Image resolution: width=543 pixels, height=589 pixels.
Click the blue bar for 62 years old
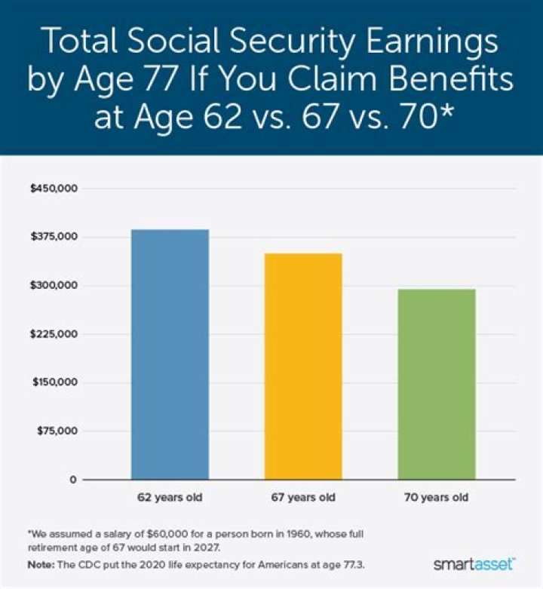click(x=170, y=354)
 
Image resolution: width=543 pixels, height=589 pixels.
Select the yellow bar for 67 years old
click(x=302, y=367)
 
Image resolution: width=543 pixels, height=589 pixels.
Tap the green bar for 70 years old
click(x=437, y=384)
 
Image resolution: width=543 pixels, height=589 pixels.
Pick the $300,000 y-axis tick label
click(x=53, y=286)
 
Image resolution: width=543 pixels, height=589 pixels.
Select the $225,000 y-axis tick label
click(x=53, y=334)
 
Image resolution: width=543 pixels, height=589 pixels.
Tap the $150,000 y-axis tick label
click(x=53, y=382)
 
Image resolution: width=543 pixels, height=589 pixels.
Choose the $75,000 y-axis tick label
click(x=55, y=431)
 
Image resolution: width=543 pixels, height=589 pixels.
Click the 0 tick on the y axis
click(x=73, y=480)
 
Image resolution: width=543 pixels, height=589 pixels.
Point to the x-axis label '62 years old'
click(x=170, y=499)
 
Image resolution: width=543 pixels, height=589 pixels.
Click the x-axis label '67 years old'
click(x=302, y=499)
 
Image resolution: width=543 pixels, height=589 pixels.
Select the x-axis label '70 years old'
click(x=437, y=499)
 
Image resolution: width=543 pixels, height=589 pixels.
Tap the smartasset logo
click(x=474, y=563)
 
